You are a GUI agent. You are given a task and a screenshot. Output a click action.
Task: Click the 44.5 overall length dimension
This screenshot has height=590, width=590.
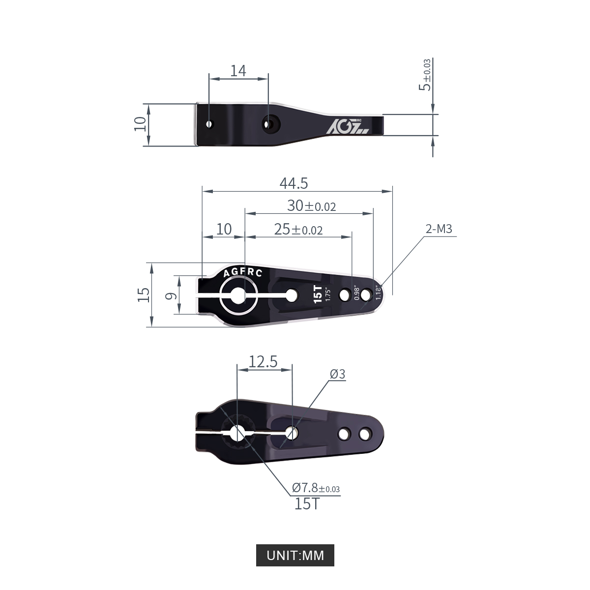[x=294, y=183]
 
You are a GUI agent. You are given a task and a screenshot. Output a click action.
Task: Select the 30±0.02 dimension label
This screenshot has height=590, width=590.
[x=311, y=206]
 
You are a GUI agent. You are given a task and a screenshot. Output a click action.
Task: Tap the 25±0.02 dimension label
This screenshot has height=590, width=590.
[x=298, y=229]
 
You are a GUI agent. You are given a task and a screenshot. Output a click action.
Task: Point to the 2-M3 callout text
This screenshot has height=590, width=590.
[x=439, y=229]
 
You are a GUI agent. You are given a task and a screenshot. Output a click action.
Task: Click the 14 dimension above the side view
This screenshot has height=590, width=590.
[x=238, y=71]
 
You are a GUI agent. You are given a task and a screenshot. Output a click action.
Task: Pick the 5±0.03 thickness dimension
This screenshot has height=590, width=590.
[x=425, y=75]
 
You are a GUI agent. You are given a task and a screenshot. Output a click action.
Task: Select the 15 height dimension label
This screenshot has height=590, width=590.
[x=143, y=295]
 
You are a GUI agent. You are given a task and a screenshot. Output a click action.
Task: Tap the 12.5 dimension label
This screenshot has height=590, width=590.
[x=263, y=361]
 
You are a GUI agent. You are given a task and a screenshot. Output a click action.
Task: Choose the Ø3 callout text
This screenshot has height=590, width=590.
[x=337, y=374]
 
